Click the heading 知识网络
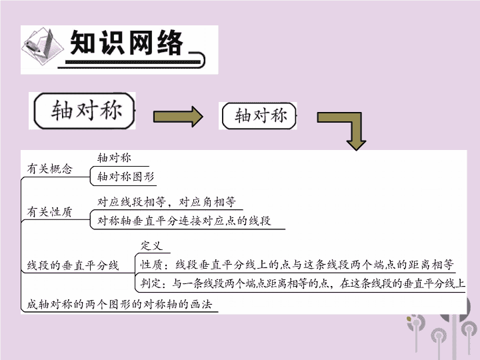(127, 43)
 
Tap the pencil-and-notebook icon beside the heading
(42, 46)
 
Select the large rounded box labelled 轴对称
(84, 111)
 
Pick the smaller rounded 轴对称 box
(259, 116)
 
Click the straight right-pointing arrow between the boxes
(178, 117)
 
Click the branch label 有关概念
(49, 169)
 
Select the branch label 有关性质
(49, 211)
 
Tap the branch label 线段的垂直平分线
(73, 265)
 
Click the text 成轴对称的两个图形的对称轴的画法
(119, 304)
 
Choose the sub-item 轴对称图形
(126, 176)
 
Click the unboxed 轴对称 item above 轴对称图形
(114, 158)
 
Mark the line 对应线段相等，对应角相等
(167, 202)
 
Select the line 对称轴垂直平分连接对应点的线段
(184, 221)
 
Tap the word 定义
(151, 245)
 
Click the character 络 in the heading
(170, 43)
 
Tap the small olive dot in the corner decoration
(409, 319)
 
